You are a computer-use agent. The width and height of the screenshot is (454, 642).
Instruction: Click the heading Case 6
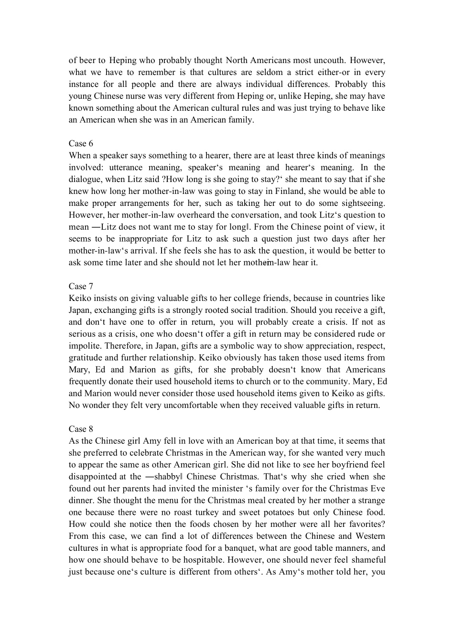point(81,144)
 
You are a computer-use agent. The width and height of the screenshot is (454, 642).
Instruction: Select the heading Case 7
point(81,287)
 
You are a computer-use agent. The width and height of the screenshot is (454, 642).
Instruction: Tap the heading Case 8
point(81,429)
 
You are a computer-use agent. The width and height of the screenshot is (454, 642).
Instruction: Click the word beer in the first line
point(86,61)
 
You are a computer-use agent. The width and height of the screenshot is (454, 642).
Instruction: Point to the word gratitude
point(86,358)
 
